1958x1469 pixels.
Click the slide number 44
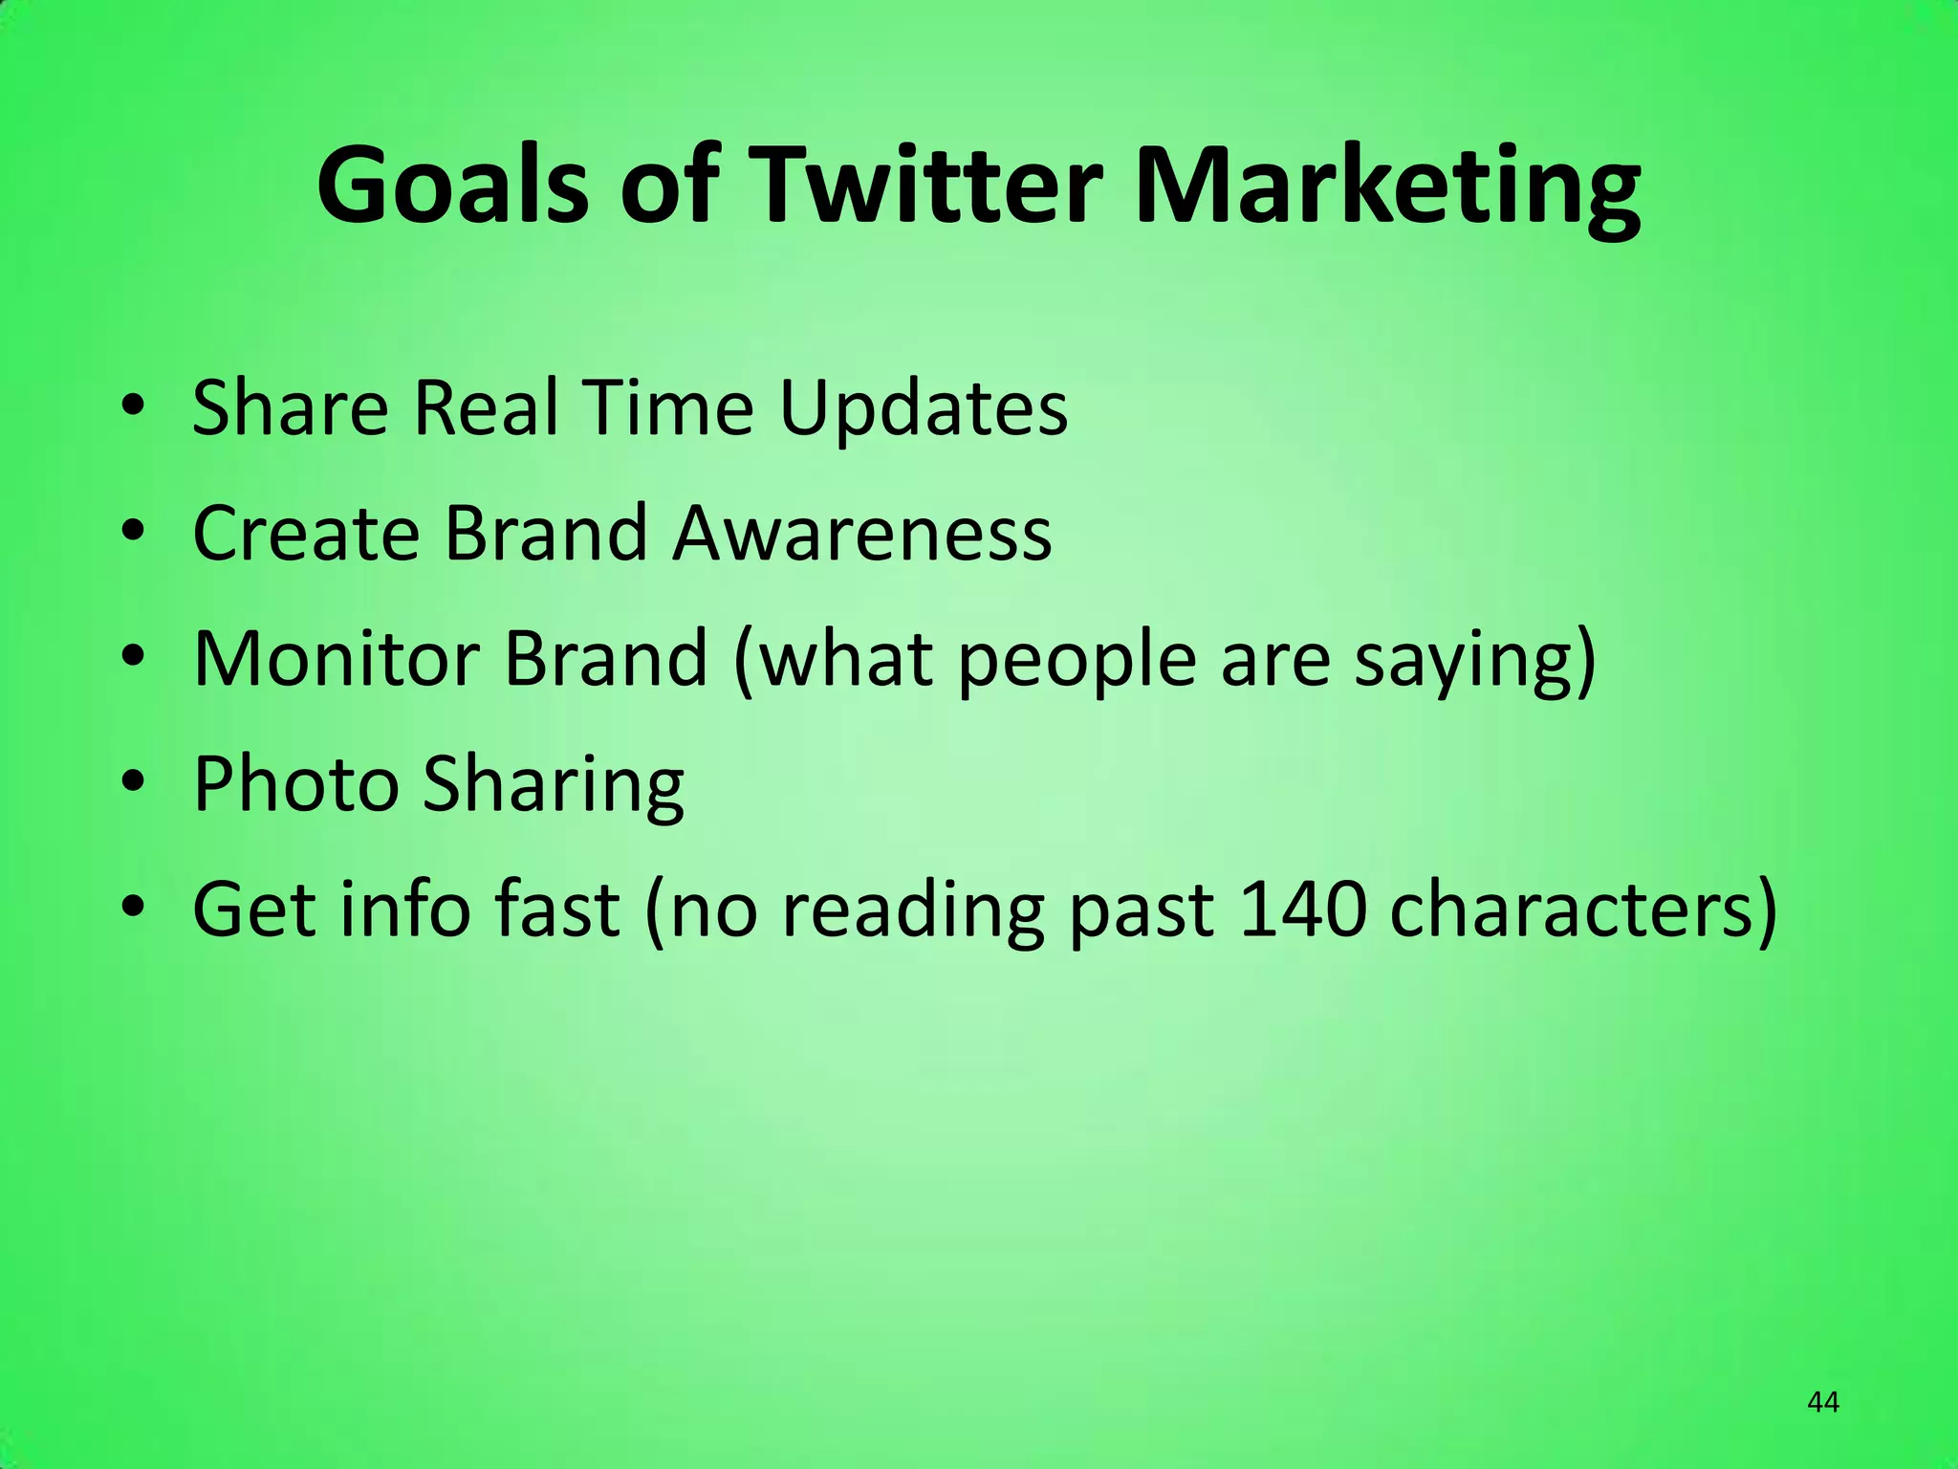click(x=1823, y=1403)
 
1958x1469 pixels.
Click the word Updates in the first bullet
click(x=924, y=409)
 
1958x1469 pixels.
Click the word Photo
click(x=295, y=783)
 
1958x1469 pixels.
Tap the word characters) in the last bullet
click(x=1583, y=910)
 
